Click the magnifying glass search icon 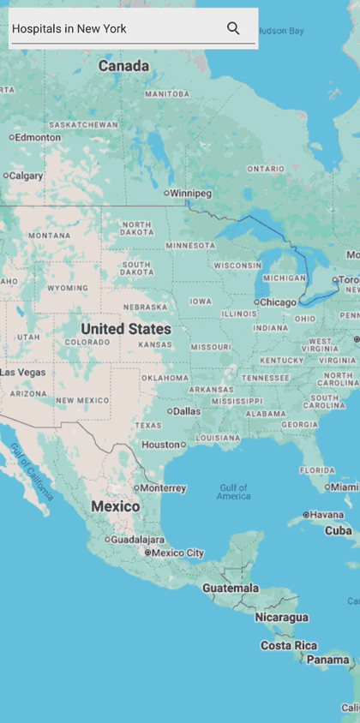233,28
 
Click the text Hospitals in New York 69,29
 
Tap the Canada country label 123,66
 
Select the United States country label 126,329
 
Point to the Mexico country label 116,506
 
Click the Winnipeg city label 189,194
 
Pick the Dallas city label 185,411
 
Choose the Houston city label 161,445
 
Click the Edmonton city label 37,137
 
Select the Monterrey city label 162,488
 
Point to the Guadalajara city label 137,540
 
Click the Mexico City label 177,553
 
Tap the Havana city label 326,515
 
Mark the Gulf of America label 233,493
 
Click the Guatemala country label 231,589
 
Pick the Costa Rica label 289,646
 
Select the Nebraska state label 145,307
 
